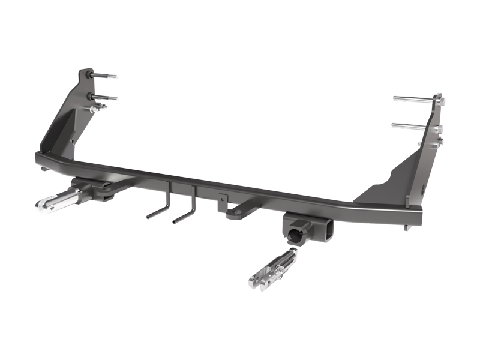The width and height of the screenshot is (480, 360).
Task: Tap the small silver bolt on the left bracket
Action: tap(98, 108)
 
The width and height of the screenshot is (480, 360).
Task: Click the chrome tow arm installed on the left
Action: tap(60, 199)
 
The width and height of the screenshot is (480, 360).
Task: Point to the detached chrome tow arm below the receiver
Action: tap(274, 268)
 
